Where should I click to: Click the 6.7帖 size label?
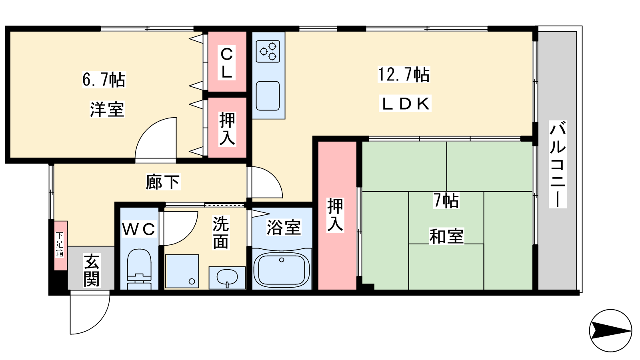pos(104,80)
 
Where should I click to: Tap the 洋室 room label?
pos(107,109)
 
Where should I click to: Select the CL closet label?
pos(227,62)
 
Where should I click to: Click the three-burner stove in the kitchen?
pos(268,52)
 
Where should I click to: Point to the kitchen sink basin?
pos(268,96)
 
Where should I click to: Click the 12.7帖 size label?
pos(404,74)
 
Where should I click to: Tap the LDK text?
pos(405,104)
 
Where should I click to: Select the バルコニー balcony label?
pos(558,164)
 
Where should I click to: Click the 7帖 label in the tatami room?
pos(446,200)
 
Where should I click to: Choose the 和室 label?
pos(446,236)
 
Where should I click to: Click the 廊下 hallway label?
pos(163,182)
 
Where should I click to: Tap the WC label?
pos(139,229)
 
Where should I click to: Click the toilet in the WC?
pos(139,270)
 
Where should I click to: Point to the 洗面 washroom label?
pos(220,232)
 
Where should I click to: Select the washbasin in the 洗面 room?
pos(227,278)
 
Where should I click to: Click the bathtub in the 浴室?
pos(282,269)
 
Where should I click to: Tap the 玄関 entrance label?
pos(92,270)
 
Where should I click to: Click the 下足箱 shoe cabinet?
pos(61,246)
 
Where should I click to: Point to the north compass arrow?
pos(610,331)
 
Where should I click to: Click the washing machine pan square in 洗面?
pos(182,271)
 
